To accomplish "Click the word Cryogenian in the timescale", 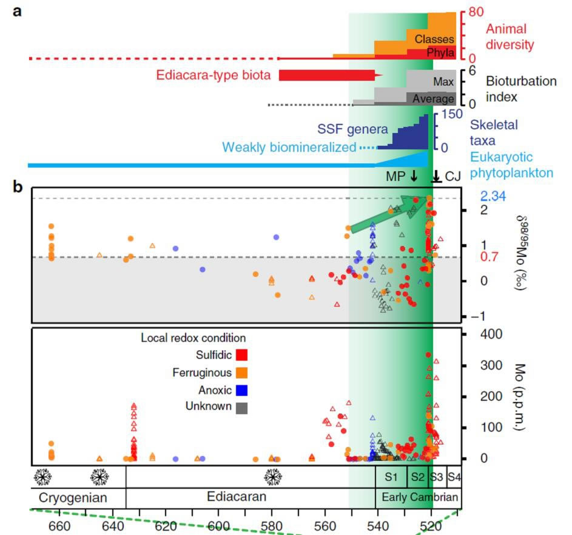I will [73, 497].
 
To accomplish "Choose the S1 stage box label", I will [391, 477].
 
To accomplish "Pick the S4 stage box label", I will [454, 477].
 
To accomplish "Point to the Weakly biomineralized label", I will [289, 147].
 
